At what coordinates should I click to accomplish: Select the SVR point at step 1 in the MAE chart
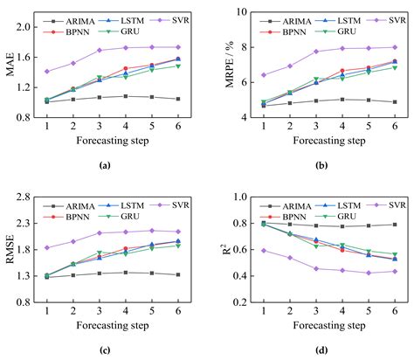[x=46, y=72]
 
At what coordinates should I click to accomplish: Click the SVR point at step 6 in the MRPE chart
[x=394, y=47]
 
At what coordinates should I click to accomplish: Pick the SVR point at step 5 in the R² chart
[x=368, y=273]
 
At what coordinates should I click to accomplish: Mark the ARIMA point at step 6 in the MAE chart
[x=178, y=99]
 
